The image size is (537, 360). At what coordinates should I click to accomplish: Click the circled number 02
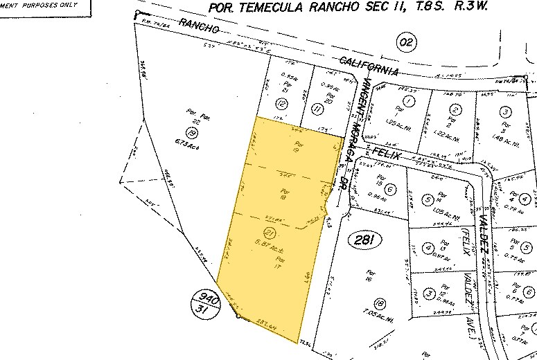[407, 43]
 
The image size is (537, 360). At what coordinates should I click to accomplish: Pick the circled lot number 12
[281, 104]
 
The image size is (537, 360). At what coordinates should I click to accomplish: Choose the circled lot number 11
[318, 109]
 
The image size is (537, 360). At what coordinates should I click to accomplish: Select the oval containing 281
[365, 240]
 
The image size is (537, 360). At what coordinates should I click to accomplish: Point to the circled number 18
[378, 303]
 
